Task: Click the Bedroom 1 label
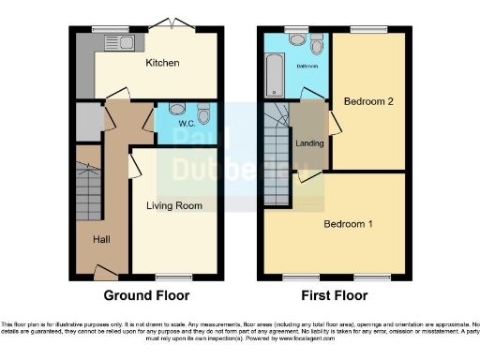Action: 349,224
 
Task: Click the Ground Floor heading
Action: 145,295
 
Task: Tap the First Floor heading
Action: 336,295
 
